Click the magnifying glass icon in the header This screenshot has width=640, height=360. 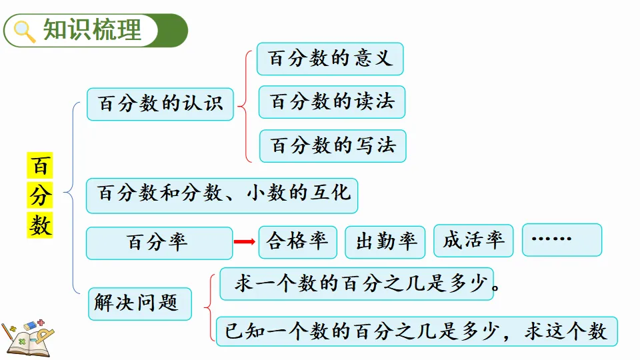[x=25, y=31]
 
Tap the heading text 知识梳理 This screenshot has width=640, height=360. [x=93, y=31]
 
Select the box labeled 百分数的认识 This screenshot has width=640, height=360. [x=160, y=104]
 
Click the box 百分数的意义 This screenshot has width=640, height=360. [x=331, y=59]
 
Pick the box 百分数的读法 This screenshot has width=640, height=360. [x=332, y=102]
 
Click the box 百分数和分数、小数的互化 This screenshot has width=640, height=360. [x=223, y=195]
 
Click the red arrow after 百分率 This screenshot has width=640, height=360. [x=244, y=242]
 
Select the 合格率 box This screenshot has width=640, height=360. [x=297, y=241]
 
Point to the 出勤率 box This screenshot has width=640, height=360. [x=385, y=242]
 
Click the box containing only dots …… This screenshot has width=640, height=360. [x=562, y=239]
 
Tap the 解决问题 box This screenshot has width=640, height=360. [x=140, y=304]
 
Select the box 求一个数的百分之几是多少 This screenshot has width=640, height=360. [x=357, y=284]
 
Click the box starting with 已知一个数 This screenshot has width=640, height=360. [x=416, y=331]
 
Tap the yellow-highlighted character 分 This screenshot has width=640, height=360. [x=40, y=196]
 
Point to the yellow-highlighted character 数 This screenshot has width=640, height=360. [x=40, y=225]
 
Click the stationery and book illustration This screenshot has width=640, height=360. [x=28, y=337]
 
